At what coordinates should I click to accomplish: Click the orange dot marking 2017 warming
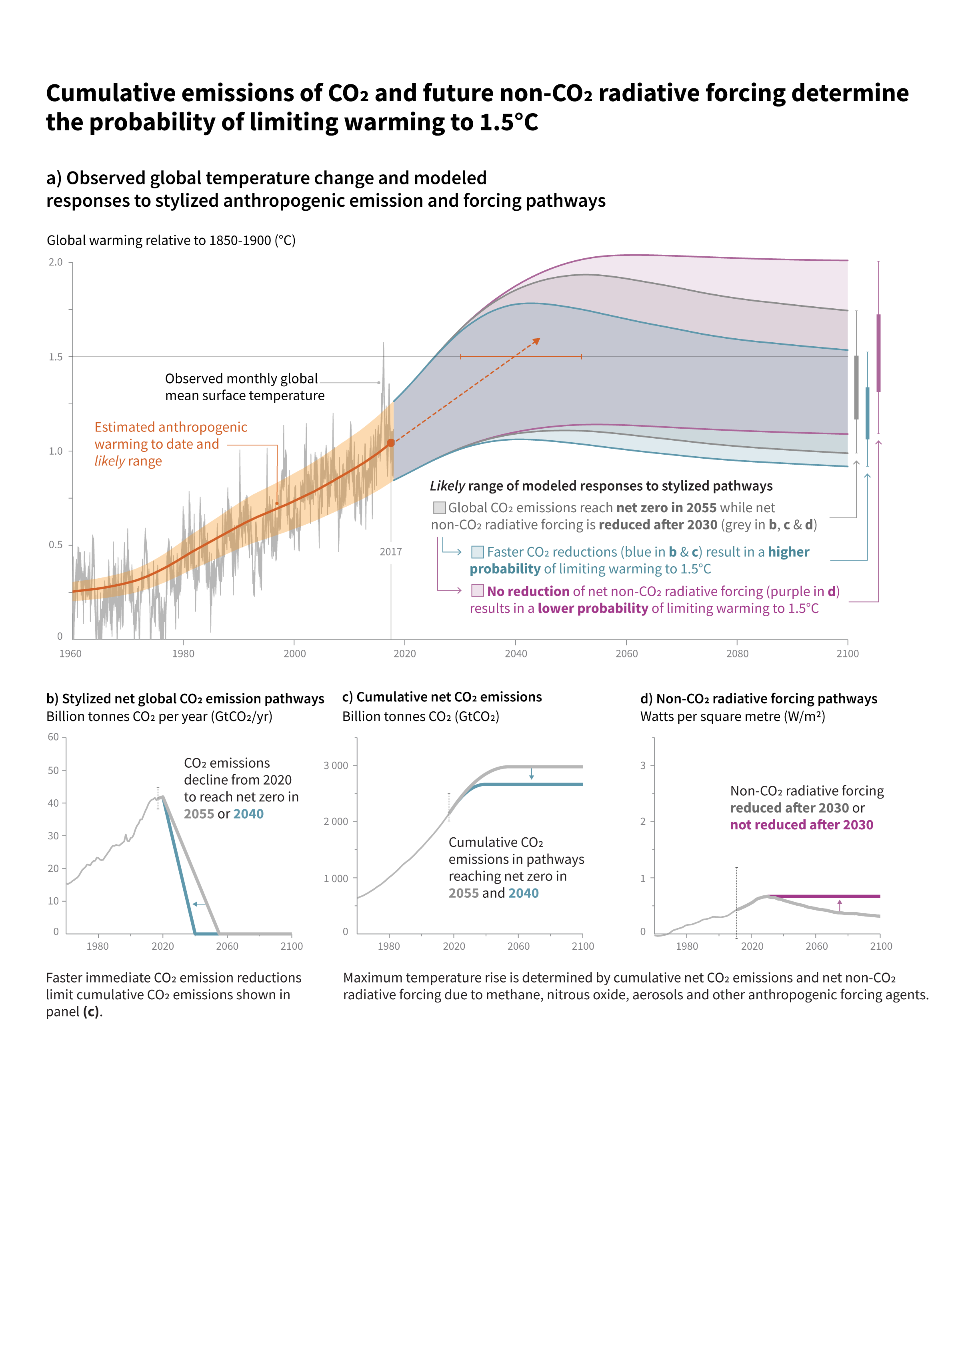click(390, 442)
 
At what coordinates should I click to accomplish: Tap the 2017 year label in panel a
click(390, 552)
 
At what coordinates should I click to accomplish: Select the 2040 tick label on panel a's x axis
click(516, 653)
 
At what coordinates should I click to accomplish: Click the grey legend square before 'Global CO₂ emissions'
click(440, 507)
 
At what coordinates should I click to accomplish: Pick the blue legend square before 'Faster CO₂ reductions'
click(477, 552)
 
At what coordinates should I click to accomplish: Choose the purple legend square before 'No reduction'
click(477, 591)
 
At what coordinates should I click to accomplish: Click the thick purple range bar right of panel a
click(878, 353)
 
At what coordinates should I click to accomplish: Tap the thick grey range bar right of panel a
click(856, 387)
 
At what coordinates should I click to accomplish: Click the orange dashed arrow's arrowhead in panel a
click(536, 341)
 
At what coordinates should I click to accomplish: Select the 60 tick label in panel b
click(53, 737)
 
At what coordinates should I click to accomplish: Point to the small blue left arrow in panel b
click(199, 904)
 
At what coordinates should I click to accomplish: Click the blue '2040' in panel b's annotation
click(248, 814)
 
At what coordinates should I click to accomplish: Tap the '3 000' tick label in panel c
click(336, 765)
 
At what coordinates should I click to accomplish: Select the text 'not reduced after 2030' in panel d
click(802, 825)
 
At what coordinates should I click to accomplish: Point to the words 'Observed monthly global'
click(241, 379)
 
